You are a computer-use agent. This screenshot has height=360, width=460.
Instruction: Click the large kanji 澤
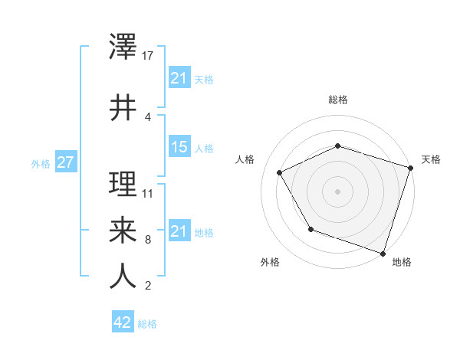tap(123, 48)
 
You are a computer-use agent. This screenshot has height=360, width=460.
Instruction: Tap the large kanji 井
tap(123, 107)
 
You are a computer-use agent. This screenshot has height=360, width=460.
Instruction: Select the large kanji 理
tap(123, 184)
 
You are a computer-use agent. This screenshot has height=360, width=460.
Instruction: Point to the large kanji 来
tap(123, 229)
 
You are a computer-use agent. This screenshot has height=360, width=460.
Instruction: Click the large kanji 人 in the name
tap(123, 276)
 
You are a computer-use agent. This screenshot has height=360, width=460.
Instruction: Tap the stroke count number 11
tap(149, 193)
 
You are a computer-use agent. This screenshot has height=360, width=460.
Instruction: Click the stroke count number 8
tap(147, 240)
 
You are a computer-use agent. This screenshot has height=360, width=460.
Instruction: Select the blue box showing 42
tap(123, 322)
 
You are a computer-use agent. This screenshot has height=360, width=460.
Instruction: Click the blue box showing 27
tap(65, 163)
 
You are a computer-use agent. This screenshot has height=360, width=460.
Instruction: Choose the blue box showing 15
tap(179, 148)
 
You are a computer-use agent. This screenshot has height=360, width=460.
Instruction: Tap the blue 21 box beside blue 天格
tap(179, 78)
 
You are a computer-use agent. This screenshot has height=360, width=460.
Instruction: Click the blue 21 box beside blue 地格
tap(179, 231)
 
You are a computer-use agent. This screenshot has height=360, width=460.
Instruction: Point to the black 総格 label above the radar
tap(337, 100)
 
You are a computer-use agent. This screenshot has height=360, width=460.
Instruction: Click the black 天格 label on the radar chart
tap(431, 159)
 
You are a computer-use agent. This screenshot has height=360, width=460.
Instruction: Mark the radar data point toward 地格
tap(383, 253)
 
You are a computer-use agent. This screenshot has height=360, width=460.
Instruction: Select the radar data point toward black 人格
tap(280, 173)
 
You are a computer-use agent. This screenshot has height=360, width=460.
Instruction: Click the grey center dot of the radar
tap(337, 191)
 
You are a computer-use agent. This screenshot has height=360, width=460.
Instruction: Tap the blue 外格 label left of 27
tap(40, 164)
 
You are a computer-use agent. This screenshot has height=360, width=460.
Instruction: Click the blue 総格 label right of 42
tap(147, 324)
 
